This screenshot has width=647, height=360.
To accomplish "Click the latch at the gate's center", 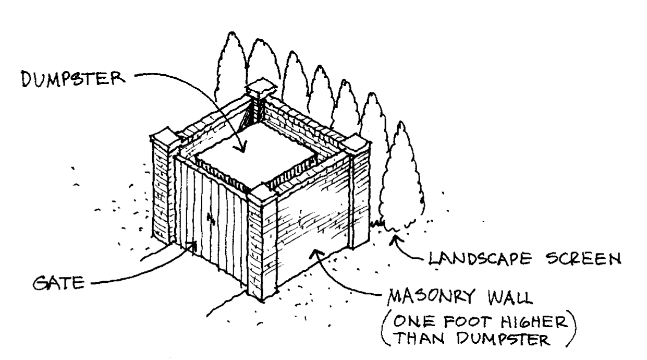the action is (x=210, y=219).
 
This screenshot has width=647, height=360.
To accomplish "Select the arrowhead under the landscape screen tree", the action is (x=395, y=240).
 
